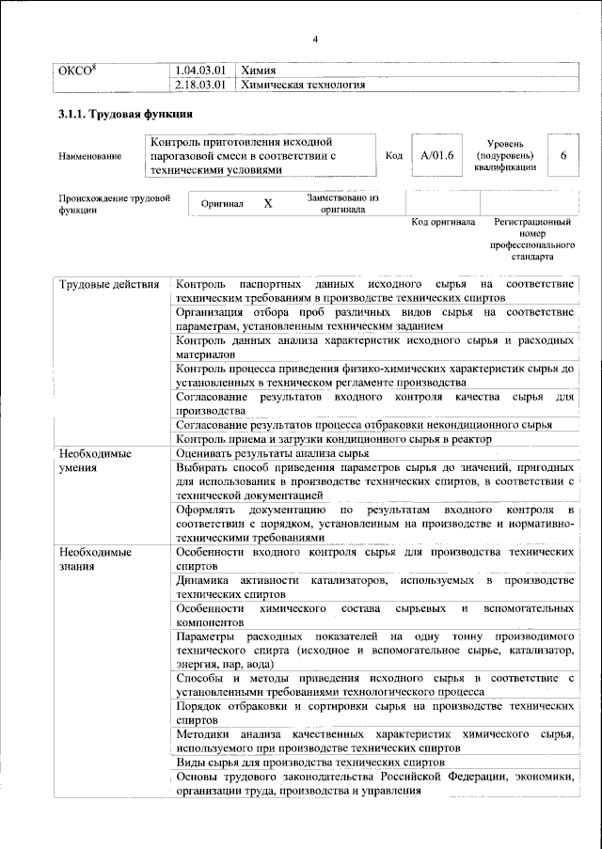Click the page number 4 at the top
(315, 39)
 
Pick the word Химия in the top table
(259, 70)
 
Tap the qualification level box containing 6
(562, 155)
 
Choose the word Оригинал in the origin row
(222, 204)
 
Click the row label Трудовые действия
(111, 284)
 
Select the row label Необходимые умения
(94, 460)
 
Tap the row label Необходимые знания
(94, 559)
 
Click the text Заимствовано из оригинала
(342, 204)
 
